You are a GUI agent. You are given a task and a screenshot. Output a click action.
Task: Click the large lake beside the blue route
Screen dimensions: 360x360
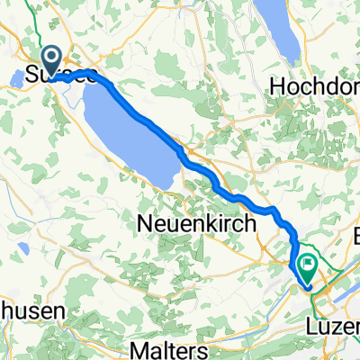tap(130, 135)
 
